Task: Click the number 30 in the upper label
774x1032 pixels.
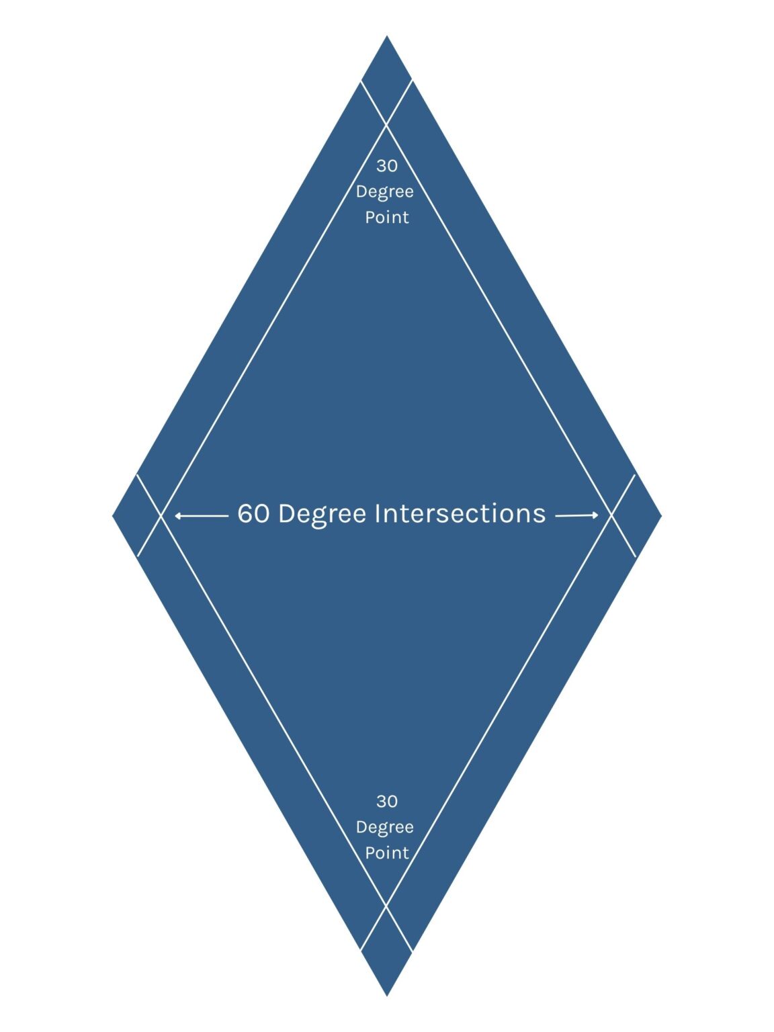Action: (x=387, y=166)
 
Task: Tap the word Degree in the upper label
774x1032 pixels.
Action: (x=385, y=192)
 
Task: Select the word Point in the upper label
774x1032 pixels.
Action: (x=387, y=217)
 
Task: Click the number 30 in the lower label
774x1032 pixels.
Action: (x=387, y=802)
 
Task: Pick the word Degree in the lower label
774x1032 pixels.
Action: (x=385, y=828)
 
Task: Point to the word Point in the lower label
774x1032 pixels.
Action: (x=387, y=853)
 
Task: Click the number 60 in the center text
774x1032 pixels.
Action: (x=254, y=513)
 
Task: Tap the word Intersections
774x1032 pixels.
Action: (x=460, y=513)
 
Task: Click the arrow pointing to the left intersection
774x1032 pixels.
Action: (x=202, y=516)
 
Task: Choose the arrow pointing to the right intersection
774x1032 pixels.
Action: (x=576, y=515)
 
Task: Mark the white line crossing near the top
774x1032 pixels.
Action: (x=386, y=126)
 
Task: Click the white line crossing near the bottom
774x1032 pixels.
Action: (x=386, y=905)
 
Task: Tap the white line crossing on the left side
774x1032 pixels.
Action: (x=161, y=516)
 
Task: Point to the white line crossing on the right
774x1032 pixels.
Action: (x=612, y=516)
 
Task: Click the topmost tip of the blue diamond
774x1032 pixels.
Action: (x=387, y=35)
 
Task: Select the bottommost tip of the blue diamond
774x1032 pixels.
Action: (x=387, y=996)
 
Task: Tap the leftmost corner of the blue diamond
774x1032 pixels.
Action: (x=112, y=516)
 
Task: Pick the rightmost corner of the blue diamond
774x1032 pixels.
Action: (x=662, y=516)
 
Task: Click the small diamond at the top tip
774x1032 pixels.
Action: (x=387, y=80)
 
